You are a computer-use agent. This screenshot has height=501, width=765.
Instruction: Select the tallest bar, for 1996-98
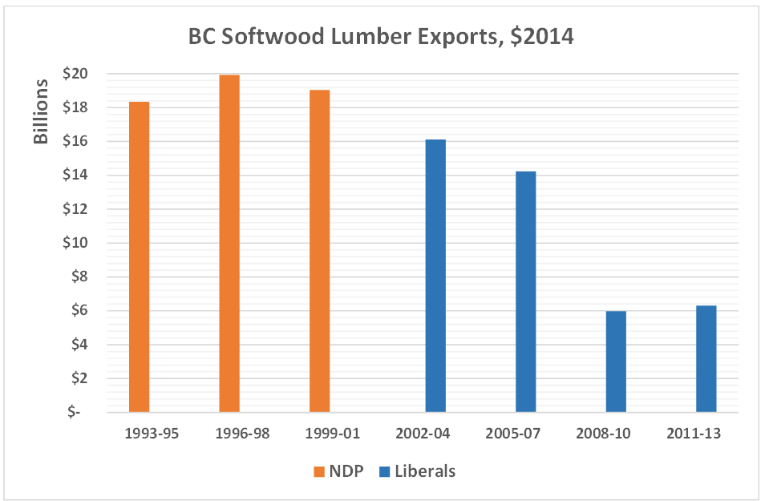[229, 243]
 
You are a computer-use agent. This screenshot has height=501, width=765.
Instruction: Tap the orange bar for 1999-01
[319, 251]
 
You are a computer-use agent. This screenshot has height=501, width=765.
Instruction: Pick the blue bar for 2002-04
[435, 276]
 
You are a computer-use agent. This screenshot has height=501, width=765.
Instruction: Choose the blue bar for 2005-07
[525, 292]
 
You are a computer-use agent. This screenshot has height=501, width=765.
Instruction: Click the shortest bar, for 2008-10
[616, 362]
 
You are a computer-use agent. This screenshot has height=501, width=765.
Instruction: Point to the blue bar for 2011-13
[706, 358]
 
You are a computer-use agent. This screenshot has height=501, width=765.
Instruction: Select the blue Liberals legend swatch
[384, 471]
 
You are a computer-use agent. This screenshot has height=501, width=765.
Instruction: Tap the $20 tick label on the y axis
[75, 74]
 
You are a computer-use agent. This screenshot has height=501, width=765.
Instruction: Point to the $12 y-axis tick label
[75, 209]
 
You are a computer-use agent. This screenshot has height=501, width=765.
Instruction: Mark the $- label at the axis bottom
[75, 412]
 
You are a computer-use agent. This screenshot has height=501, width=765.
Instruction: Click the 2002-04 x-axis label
[423, 434]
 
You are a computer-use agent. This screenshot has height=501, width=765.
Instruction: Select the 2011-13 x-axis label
[694, 434]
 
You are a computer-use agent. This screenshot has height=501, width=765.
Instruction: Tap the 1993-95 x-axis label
[152, 434]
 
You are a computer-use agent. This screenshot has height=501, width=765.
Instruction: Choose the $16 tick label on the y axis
[75, 141]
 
